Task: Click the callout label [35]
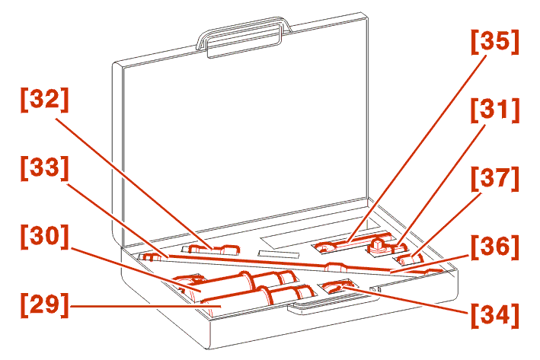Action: [494, 42]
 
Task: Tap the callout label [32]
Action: [45, 100]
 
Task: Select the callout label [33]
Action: [45, 168]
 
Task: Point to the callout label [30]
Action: [45, 237]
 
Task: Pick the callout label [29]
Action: [45, 305]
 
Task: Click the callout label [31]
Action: [494, 110]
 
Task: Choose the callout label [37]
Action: [494, 179]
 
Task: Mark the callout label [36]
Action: [494, 247]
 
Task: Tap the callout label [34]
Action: [494, 316]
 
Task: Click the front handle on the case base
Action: [331, 304]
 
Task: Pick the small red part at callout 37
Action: [410, 259]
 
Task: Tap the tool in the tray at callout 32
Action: [212, 249]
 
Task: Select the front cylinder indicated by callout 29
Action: [258, 298]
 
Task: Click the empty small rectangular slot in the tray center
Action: [279, 254]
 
